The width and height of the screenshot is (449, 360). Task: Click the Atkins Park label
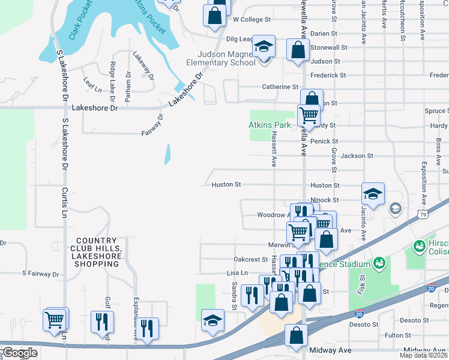[270, 125]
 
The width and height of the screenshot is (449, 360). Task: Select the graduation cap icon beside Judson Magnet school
[262, 47]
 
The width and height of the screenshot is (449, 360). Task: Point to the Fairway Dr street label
[152, 125]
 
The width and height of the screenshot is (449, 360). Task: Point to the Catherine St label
[280, 87]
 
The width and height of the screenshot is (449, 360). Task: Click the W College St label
[252, 19]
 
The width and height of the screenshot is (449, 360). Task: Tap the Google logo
[19, 353]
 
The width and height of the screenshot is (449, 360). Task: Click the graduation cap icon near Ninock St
[373, 194]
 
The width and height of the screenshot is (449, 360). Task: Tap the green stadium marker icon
[379, 263]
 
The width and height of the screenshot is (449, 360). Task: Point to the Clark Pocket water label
[82, 23]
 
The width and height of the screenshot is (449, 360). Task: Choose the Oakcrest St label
[250, 259]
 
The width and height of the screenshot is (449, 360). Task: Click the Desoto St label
[366, 325]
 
